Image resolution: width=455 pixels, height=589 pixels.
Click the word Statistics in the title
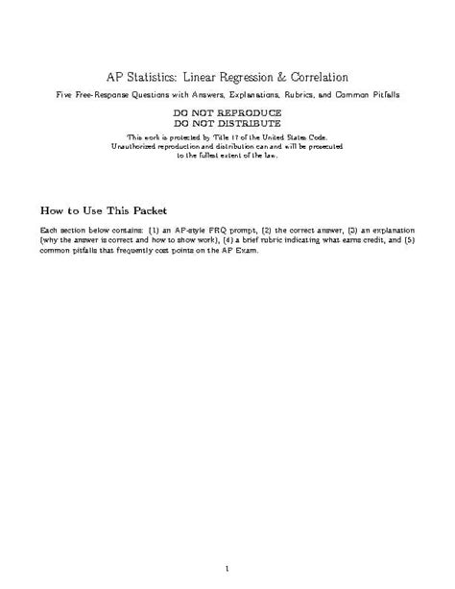(x=161, y=76)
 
